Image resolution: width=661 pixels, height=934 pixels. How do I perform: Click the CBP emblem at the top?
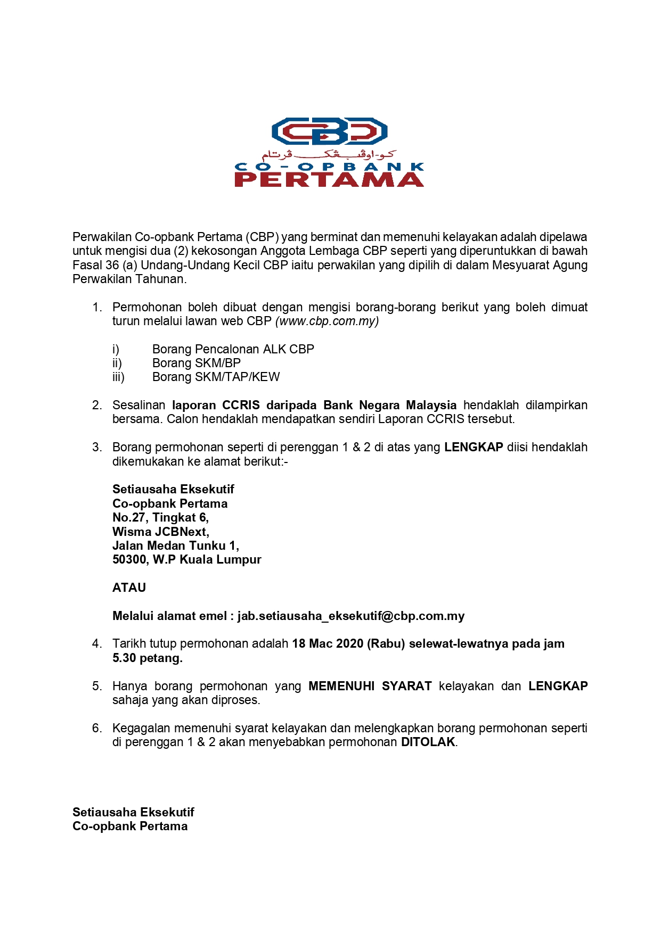[x=329, y=131]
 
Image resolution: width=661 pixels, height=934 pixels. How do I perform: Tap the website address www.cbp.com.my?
[x=327, y=321]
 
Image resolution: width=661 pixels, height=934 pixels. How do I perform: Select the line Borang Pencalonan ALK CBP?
[x=233, y=349]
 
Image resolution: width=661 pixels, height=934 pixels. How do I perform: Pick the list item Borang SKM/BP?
[x=196, y=363]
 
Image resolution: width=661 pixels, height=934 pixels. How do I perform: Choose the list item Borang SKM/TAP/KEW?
[x=216, y=377]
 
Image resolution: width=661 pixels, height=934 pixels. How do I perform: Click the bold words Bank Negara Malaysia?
[x=390, y=405]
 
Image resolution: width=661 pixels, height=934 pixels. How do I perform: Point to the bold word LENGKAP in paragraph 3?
[x=474, y=447]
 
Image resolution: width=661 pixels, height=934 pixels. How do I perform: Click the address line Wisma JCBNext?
[x=160, y=532]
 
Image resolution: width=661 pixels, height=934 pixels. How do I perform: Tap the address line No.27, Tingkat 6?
[x=160, y=517]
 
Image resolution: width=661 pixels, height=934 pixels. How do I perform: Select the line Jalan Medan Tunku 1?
[x=175, y=545]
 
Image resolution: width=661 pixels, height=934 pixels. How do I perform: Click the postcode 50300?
[x=129, y=560]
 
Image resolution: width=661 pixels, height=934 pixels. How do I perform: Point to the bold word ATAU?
[x=129, y=588]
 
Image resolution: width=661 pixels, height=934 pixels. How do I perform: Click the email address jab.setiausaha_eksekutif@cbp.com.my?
[x=351, y=616]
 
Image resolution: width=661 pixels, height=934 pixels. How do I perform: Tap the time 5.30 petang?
[x=147, y=658]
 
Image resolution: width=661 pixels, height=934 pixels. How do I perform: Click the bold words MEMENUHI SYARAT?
[x=370, y=686]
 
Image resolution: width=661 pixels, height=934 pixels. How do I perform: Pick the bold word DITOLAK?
[x=428, y=742]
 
